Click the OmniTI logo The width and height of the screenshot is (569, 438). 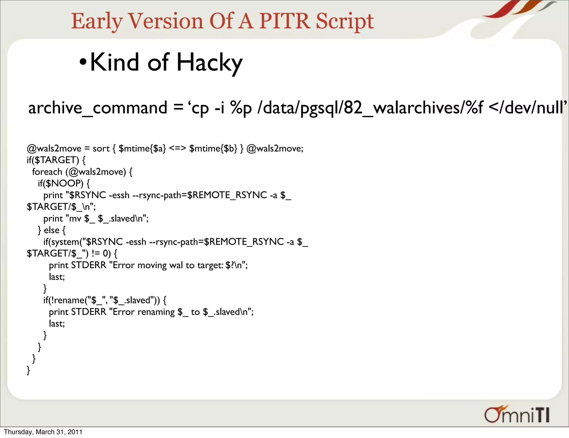(x=517, y=415)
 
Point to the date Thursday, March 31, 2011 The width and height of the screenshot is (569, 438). (x=43, y=432)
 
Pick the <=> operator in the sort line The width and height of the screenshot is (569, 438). (x=177, y=148)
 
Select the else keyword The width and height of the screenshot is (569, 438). (x=52, y=230)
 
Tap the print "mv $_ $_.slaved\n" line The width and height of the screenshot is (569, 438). (x=96, y=218)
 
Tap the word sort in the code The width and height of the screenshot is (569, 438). (x=101, y=148)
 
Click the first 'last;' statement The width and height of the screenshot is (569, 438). (x=57, y=277)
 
